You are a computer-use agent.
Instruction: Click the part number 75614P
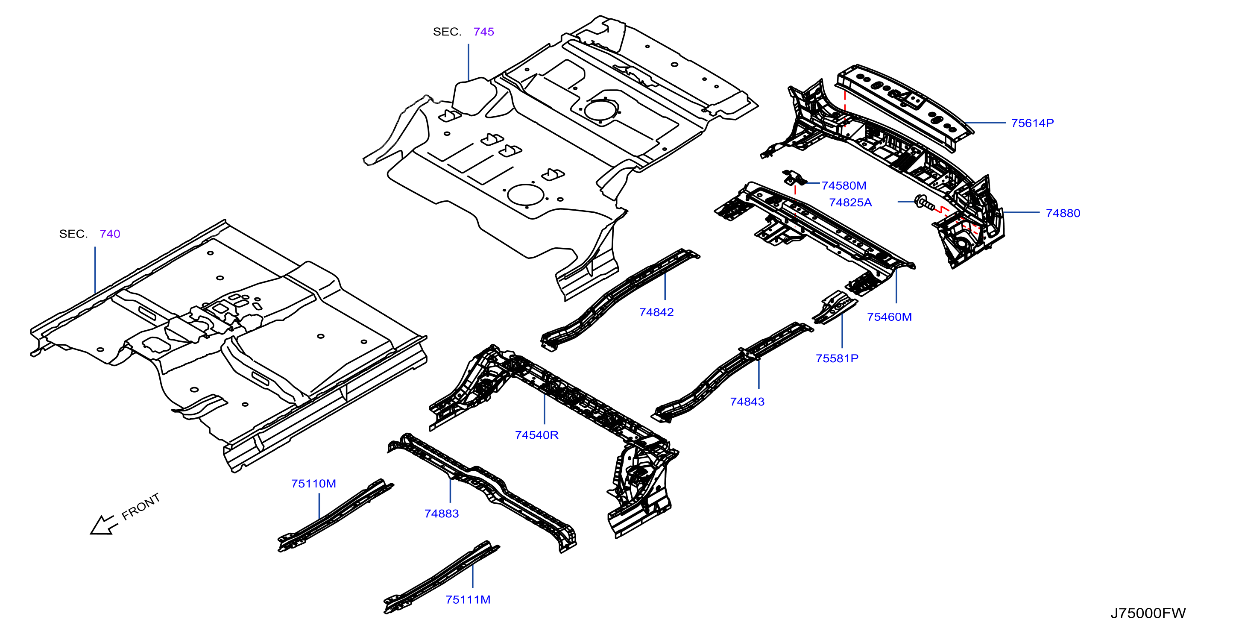[1032, 123]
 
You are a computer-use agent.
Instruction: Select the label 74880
[1063, 213]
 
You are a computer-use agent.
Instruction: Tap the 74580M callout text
[844, 185]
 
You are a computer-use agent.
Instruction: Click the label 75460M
[889, 317]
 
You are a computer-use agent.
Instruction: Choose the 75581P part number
[837, 358]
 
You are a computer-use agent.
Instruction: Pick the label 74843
[747, 402]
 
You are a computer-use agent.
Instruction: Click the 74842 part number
[656, 312]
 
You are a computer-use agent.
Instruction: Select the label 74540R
[536, 435]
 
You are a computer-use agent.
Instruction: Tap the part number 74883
[441, 514]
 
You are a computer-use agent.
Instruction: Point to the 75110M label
[313, 484]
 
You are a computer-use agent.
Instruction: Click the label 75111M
[468, 599]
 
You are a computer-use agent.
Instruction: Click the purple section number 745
[483, 32]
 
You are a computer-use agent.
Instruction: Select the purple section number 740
[110, 234]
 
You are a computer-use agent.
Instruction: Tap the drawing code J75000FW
[1148, 613]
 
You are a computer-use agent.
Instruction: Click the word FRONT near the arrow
[141, 507]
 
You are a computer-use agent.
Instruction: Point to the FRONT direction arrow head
[98, 527]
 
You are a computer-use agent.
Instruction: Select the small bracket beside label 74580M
[794, 177]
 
